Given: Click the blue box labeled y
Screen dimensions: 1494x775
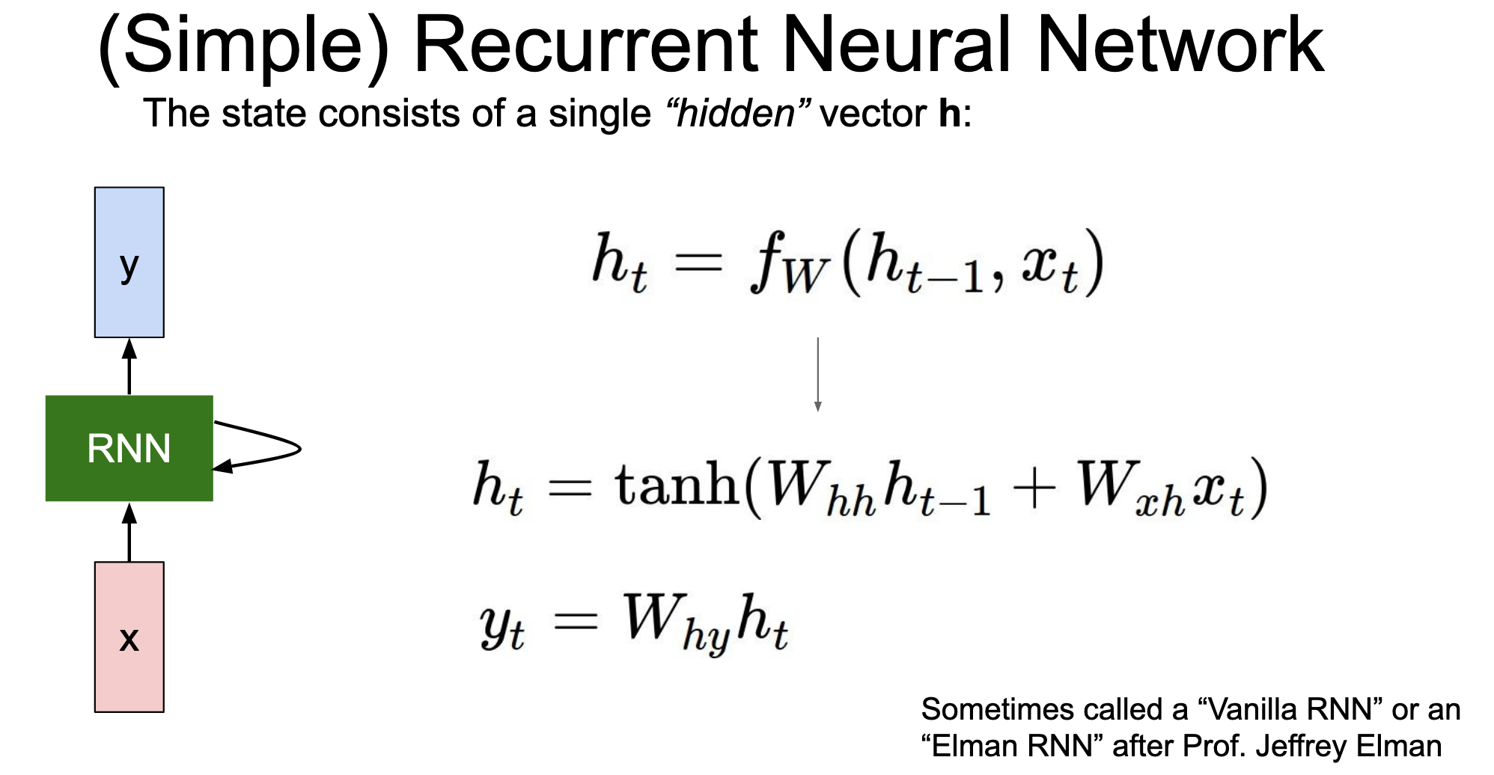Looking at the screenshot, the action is pos(129,262).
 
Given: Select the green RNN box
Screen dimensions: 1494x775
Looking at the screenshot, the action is pos(129,448).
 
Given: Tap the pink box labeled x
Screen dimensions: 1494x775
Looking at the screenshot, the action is pos(129,637).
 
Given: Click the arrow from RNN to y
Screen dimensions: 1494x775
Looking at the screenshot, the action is pos(129,367).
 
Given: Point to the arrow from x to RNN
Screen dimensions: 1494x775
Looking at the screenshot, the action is pos(129,532).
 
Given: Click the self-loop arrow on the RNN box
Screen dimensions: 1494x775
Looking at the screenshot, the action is pos(299,449).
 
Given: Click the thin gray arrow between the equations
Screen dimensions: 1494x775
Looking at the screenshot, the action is pos(817,374).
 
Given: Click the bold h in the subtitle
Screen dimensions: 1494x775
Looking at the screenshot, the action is pos(949,114).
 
